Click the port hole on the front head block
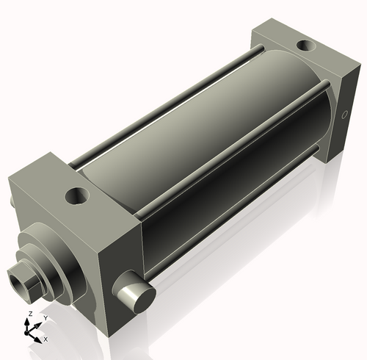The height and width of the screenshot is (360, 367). click(76, 196)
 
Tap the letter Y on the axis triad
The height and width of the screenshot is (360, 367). click(45, 317)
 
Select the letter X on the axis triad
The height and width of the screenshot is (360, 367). click(46, 339)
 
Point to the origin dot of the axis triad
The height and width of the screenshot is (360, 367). click(31, 333)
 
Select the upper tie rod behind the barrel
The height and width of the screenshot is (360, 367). click(169, 96)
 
